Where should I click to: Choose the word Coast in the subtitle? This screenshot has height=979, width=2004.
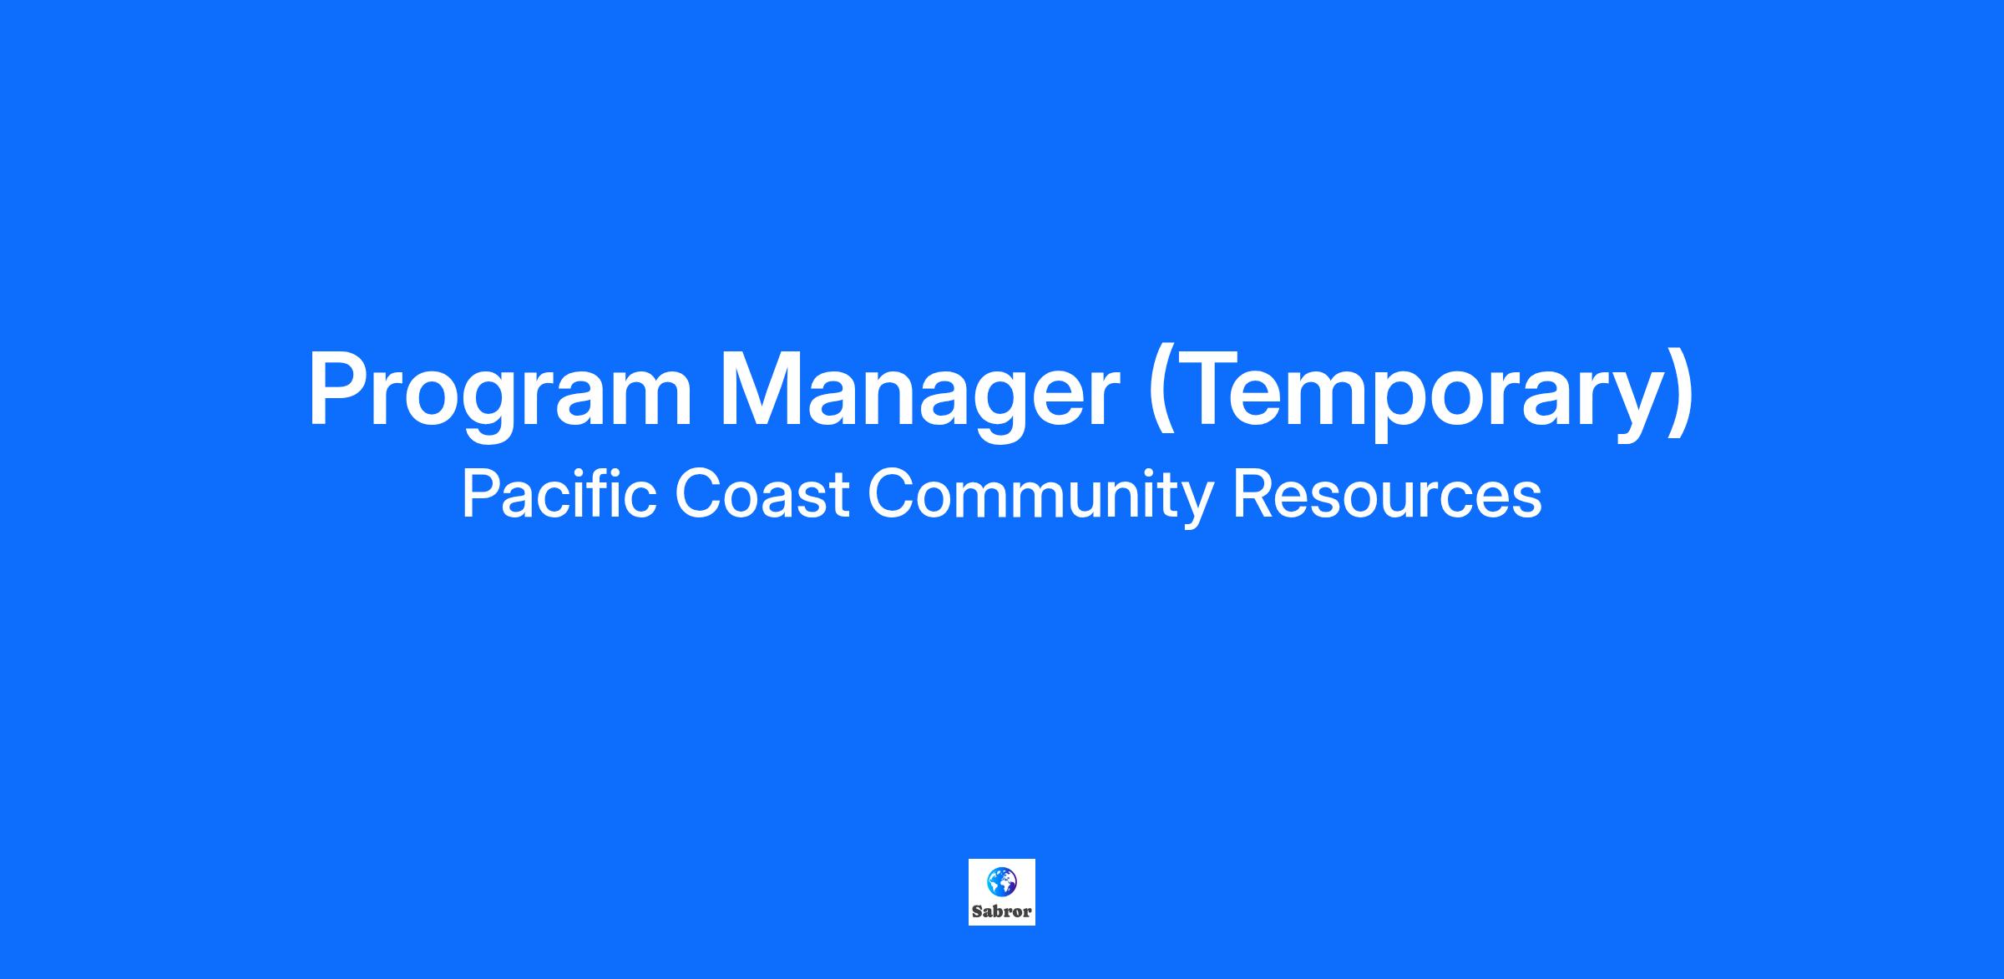pyautogui.click(x=762, y=494)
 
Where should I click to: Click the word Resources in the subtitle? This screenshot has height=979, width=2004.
pyautogui.click(x=1387, y=494)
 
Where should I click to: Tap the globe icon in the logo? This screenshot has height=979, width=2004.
pyautogui.click(x=1002, y=881)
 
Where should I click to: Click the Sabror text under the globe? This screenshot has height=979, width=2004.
pyautogui.click(x=1002, y=911)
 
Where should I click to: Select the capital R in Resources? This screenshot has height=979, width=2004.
pyautogui.click(x=1253, y=494)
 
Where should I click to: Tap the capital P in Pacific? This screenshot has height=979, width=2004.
pyautogui.click(x=480, y=494)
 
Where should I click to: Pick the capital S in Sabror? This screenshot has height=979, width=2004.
pyautogui.click(x=977, y=911)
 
